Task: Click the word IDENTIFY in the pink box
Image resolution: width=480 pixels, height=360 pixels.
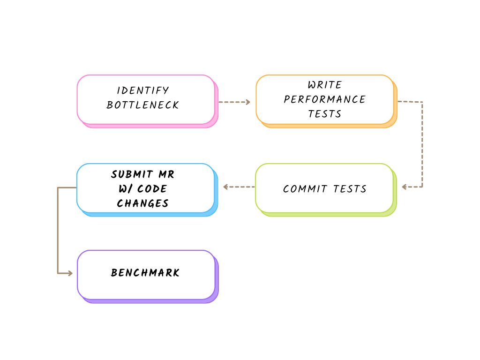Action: pos(142,90)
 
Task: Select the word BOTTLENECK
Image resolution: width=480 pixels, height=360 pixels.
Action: pos(142,105)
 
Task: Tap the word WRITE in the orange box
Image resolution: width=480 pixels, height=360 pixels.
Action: pos(325,85)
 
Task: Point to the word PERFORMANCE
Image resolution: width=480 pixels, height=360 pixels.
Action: pos(325,99)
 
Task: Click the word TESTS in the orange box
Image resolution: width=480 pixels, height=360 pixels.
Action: pos(325,114)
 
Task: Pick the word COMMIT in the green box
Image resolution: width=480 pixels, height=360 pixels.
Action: pos(305,189)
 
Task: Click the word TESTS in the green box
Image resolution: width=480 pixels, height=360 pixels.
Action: pos(350,189)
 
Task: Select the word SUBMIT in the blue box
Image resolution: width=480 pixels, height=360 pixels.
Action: pos(132,174)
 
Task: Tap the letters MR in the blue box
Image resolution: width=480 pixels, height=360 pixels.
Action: pos(166,174)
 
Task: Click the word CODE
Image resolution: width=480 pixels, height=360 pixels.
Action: pos(152,188)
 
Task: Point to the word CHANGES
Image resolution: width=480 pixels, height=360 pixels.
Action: pos(142,203)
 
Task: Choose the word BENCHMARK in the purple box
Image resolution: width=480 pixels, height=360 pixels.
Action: pos(145,272)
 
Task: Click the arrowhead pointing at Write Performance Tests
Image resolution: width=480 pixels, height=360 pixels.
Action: pos(248,102)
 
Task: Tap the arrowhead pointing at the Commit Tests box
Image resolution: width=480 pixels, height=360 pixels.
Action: pos(404,187)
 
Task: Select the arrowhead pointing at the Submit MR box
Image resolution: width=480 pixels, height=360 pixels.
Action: pos(225,187)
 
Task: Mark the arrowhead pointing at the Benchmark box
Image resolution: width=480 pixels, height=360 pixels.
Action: pos(70,273)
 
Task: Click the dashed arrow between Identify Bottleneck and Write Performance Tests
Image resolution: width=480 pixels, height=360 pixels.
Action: pos(234,102)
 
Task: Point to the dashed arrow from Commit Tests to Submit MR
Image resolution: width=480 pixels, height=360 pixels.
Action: pos(239,187)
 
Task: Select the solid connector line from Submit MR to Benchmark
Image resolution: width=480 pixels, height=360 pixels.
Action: pos(58,230)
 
